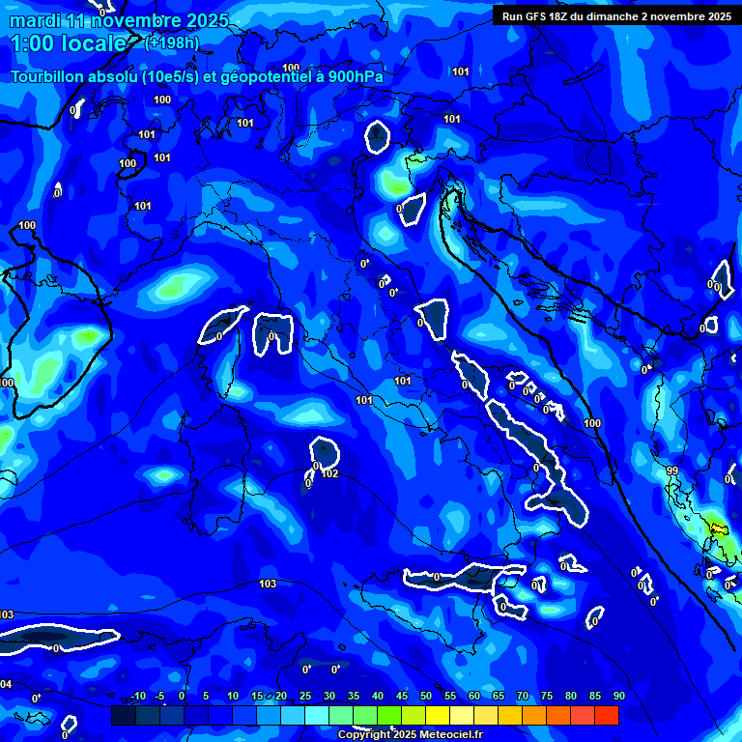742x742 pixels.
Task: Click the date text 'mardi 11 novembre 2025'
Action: pos(120,21)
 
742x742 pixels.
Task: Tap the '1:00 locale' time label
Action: pos(68,43)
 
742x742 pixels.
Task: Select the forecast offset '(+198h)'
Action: pos(172,43)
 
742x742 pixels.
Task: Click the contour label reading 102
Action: pos(329,473)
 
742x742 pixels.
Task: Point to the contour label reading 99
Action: pos(671,471)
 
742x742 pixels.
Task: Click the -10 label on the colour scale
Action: pos(137,697)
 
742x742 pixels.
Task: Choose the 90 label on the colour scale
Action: pos(618,697)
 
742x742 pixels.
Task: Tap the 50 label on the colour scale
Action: pos(426,697)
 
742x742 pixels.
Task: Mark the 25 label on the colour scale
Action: pos(304,697)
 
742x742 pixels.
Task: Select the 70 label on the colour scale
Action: pos(523,697)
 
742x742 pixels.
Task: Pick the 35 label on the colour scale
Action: pos(353,697)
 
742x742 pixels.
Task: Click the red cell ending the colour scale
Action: pos(606,715)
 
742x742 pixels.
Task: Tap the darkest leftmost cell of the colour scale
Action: pos(123,715)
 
